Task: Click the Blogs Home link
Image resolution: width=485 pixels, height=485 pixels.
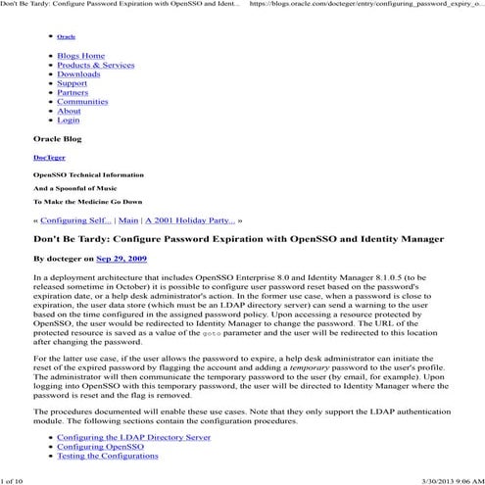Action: (80, 56)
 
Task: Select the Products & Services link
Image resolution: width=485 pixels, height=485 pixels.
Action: (95, 65)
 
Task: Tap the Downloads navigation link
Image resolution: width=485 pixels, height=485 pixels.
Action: (78, 74)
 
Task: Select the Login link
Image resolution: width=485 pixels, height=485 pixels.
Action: (69, 120)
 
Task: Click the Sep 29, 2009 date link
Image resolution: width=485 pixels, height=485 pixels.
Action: (121, 259)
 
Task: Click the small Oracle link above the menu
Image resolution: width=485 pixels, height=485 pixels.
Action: (66, 37)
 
